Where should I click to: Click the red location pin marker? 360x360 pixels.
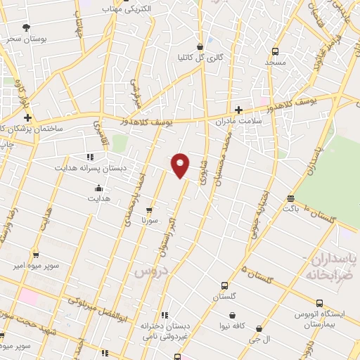point(181,165)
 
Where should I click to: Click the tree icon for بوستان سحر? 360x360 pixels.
point(26,27)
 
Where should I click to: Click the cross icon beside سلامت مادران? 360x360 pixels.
point(239,109)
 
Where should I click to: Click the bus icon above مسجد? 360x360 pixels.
point(276,51)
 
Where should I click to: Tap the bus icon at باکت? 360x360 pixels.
point(290,198)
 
